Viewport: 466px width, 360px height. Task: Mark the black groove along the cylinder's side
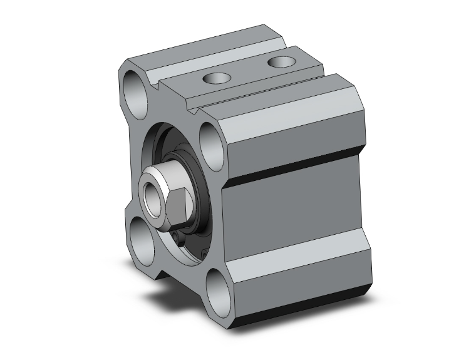tap(294, 170)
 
